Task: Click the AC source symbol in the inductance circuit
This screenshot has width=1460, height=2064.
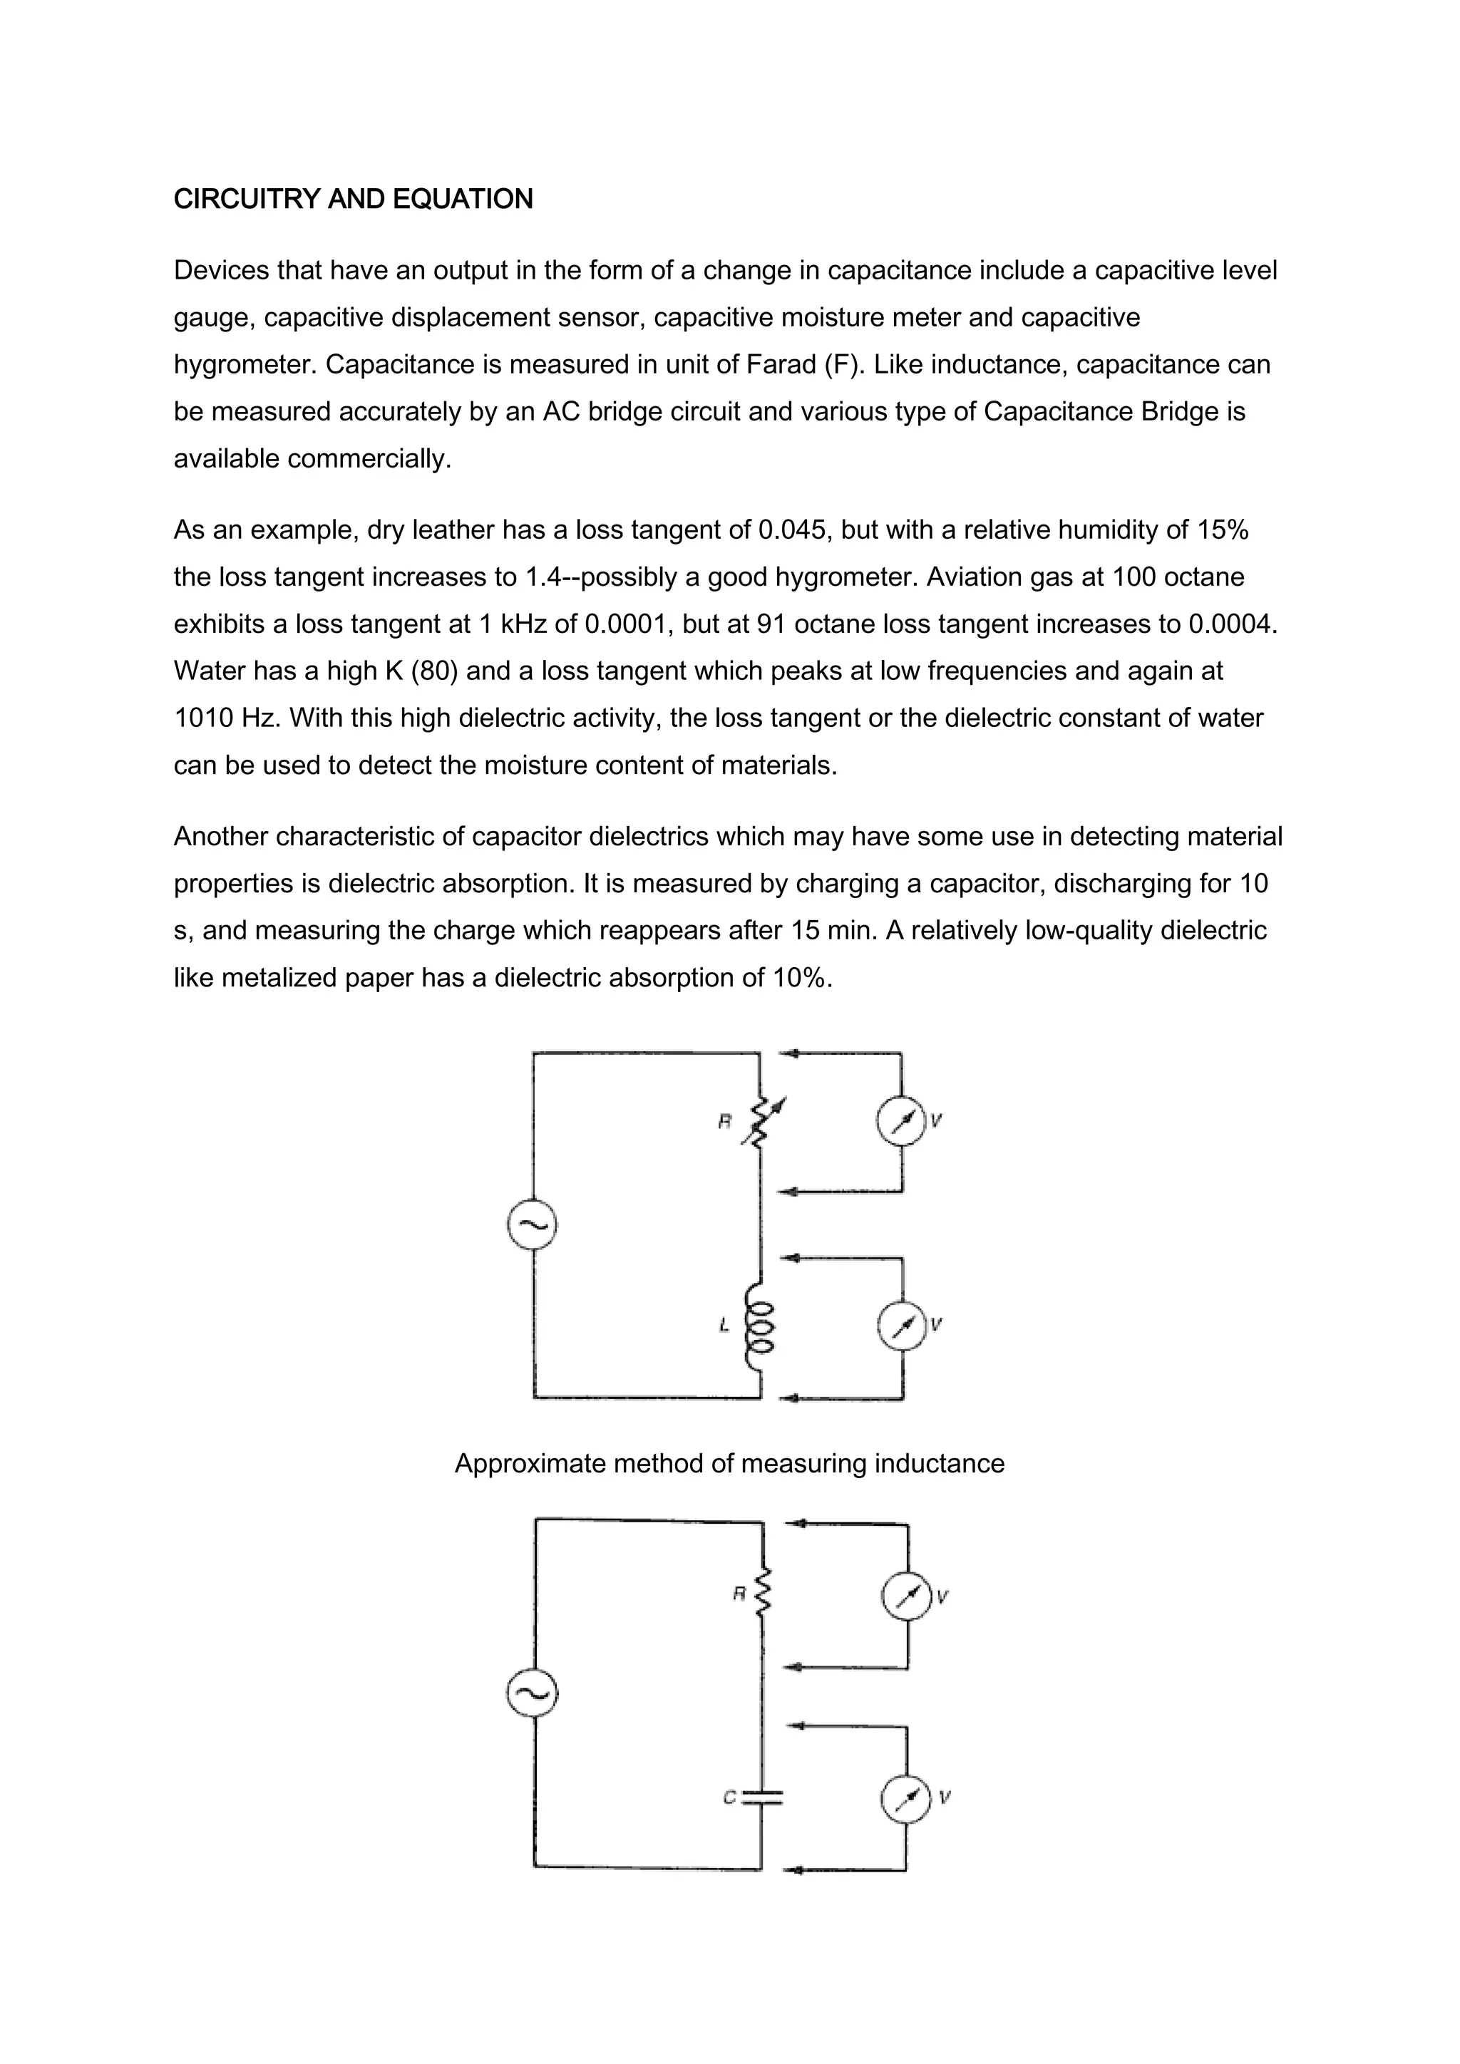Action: [533, 1225]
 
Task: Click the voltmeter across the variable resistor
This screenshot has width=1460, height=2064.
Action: [901, 1121]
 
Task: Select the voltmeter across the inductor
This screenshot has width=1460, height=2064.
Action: [902, 1325]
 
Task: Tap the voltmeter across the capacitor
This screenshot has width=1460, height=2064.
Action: [906, 1798]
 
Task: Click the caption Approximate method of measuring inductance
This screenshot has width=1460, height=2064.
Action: [729, 1463]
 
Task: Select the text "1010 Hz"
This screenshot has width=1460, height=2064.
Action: [227, 718]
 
